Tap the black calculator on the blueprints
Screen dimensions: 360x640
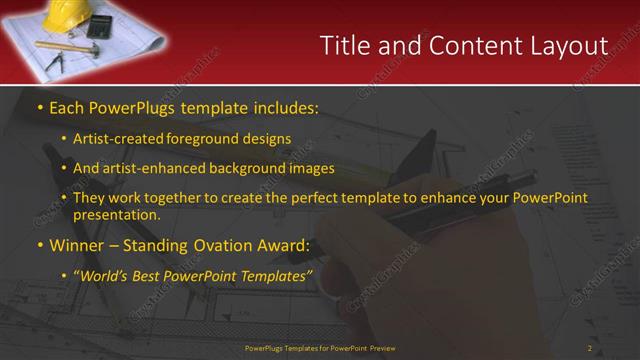(x=101, y=27)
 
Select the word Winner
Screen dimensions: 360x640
(x=76, y=245)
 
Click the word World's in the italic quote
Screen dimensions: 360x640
(x=107, y=276)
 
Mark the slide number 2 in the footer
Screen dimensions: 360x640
(x=589, y=348)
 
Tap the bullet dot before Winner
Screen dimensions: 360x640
(x=39, y=245)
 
